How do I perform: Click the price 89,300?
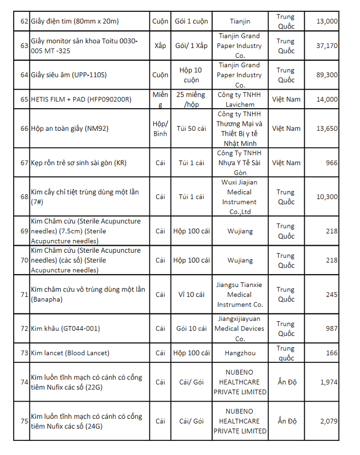coord(327,75)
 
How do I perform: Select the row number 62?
coord(24,21)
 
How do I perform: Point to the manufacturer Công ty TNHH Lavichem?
coord(240,99)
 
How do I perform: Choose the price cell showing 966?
coord(331,163)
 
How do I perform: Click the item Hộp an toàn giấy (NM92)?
coord(70,128)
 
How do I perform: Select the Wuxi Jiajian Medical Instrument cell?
coord(240,197)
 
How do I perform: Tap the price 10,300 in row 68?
coord(327,197)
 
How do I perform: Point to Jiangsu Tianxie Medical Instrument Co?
coord(240,294)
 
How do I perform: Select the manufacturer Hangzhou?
coord(240,353)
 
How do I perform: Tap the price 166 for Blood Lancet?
coord(331,353)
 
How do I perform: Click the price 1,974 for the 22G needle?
coord(329,382)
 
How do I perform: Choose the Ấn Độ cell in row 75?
coord(287,421)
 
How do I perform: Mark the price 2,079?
coord(329,421)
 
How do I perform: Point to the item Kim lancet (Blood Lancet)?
coord(70,353)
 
